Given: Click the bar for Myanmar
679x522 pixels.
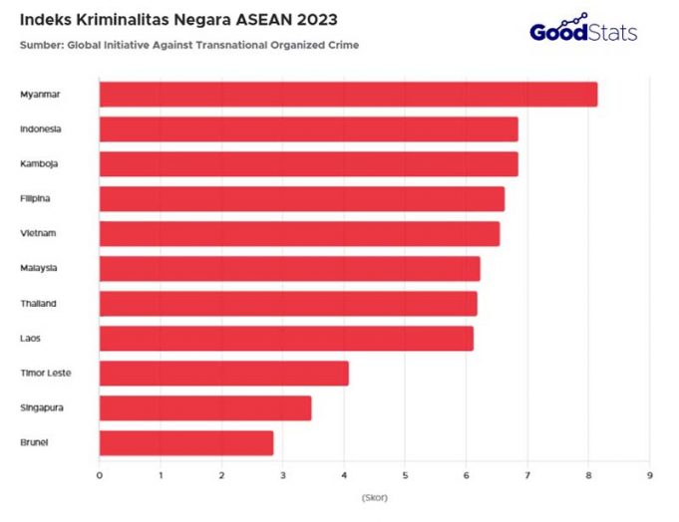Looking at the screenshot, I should (x=348, y=95).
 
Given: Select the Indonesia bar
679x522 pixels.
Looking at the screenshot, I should (x=308, y=130).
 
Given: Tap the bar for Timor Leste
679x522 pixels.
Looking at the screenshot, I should (x=223, y=374).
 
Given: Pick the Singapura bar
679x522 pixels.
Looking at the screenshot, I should (x=204, y=408).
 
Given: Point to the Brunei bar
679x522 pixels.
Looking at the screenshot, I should (x=185, y=443).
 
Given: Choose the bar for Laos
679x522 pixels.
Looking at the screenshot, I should (x=286, y=339).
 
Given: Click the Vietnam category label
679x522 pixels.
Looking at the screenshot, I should (x=37, y=234).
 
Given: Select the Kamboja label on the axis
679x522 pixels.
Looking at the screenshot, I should (x=38, y=164).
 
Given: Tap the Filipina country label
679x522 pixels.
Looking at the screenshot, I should (x=35, y=199).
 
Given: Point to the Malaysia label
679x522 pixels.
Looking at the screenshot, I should (x=38, y=269).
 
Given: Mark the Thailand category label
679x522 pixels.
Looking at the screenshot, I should (x=38, y=304).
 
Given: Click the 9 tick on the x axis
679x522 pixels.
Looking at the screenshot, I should (x=649, y=474).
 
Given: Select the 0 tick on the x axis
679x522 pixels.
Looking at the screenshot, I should (x=100, y=474).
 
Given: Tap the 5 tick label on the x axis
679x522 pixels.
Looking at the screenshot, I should (x=405, y=474).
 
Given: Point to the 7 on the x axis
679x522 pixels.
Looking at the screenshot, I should (x=527, y=474).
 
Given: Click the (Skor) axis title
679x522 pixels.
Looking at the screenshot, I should (x=374, y=496).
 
